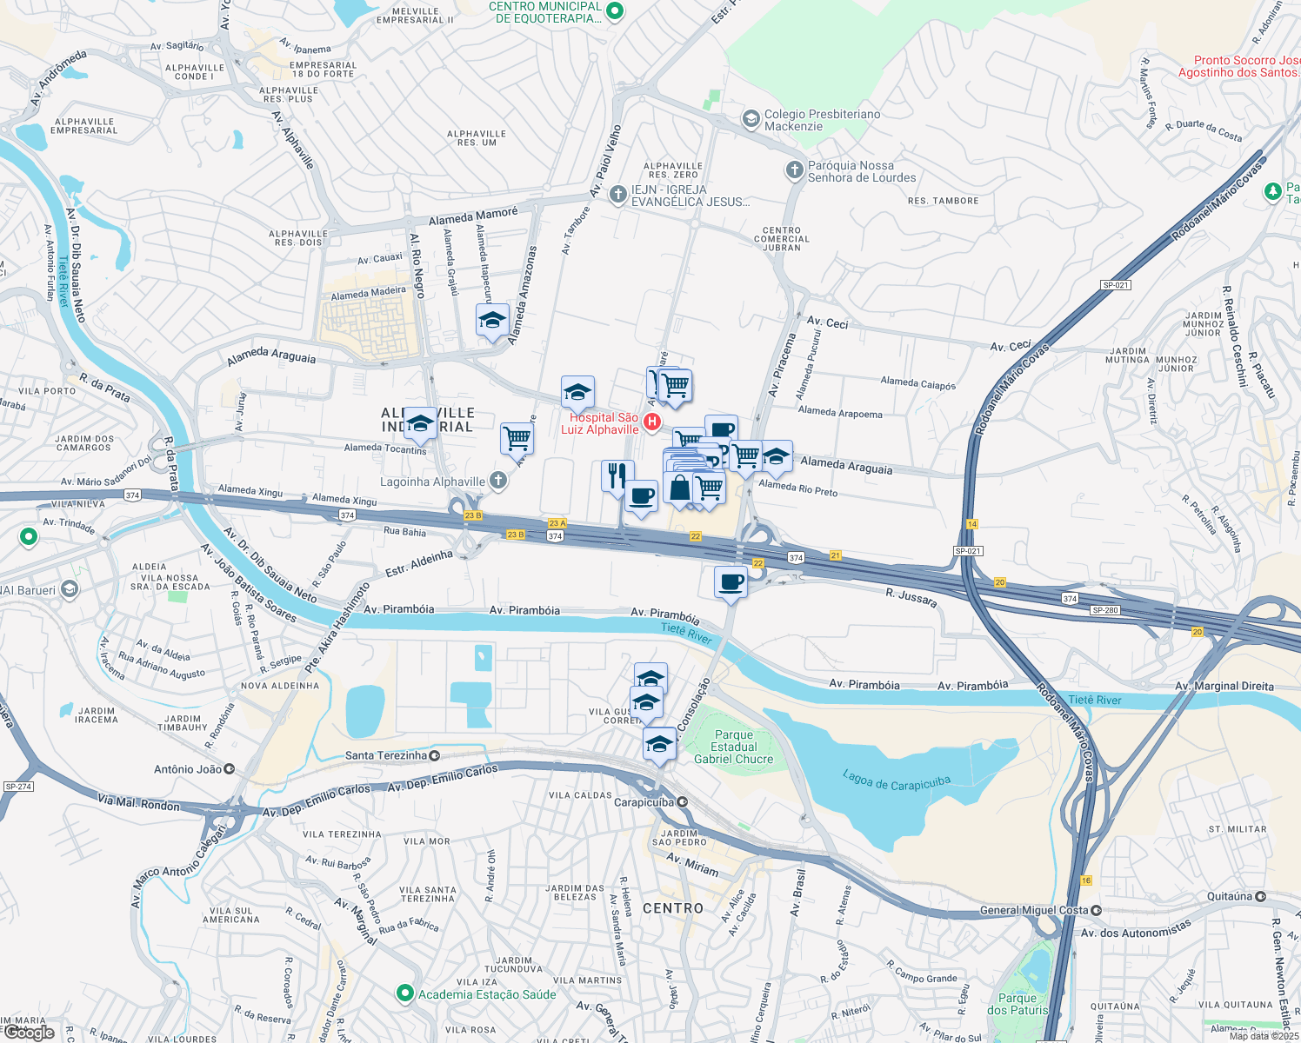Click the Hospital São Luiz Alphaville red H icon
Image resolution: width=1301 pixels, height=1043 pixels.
pyautogui.click(x=651, y=422)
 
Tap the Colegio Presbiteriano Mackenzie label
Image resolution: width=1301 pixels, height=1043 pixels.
pyautogui.click(x=822, y=120)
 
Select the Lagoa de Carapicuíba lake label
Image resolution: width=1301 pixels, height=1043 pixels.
pyautogui.click(x=897, y=781)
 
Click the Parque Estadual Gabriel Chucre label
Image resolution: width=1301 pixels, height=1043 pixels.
pyautogui.click(x=733, y=747)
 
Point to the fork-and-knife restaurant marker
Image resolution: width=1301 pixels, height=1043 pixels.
pyautogui.click(x=617, y=476)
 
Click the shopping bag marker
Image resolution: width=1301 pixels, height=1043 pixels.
pyautogui.click(x=680, y=488)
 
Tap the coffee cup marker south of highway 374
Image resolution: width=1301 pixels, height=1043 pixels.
pyautogui.click(x=731, y=581)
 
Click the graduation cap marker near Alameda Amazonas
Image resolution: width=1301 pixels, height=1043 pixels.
pyautogui.click(x=492, y=321)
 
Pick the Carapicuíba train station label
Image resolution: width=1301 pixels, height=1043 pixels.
pyautogui.click(x=644, y=802)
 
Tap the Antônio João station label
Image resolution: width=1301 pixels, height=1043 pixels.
pyautogui.click(x=188, y=769)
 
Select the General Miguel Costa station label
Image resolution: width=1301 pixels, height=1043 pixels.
pyautogui.click(x=1034, y=910)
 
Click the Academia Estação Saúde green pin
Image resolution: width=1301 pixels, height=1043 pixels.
pyautogui.click(x=404, y=993)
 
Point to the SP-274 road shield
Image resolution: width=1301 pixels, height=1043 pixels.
pyautogui.click(x=18, y=787)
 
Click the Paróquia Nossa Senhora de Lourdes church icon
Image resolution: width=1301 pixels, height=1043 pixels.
pyautogui.click(x=794, y=170)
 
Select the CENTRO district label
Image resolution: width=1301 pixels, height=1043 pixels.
pyautogui.click(x=672, y=908)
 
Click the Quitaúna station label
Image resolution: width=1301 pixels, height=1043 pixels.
pyautogui.click(x=1229, y=896)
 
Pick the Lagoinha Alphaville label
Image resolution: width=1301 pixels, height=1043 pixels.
pyautogui.click(x=432, y=482)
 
